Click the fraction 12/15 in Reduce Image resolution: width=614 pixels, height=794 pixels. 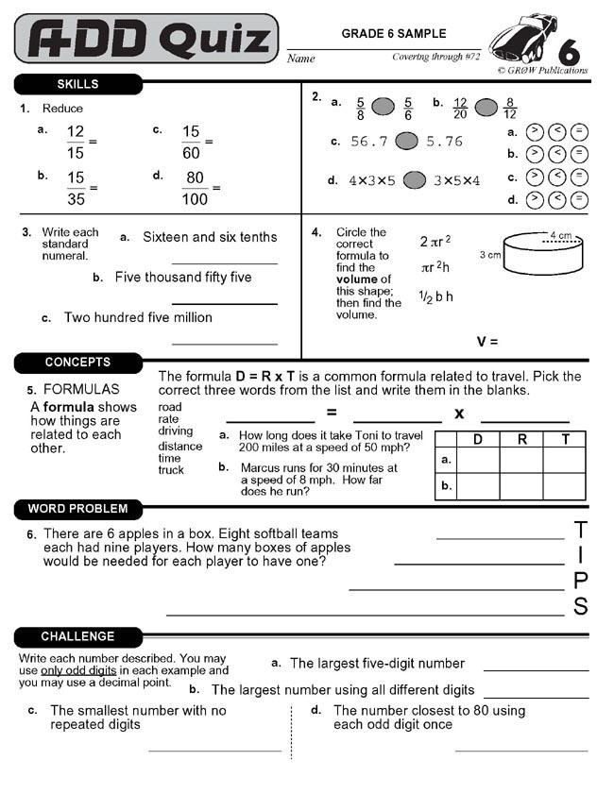(76, 142)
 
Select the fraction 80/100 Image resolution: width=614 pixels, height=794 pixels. (196, 188)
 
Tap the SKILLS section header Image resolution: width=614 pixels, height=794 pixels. (77, 85)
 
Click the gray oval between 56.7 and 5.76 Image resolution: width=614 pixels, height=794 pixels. (406, 142)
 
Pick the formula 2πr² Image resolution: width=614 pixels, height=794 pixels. (435, 242)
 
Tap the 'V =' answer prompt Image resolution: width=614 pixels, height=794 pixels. (486, 342)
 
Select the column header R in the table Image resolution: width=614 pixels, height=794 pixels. (522, 439)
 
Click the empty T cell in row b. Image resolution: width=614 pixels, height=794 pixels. (565, 486)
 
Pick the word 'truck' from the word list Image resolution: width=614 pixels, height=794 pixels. (171, 470)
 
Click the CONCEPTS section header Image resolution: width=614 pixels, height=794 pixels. (77, 363)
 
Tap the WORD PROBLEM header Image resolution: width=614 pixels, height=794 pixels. (77, 509)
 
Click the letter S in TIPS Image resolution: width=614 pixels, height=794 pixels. (581, 606)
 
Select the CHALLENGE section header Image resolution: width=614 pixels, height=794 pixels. (77, 636)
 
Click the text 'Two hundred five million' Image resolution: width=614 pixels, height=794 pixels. (138, 317)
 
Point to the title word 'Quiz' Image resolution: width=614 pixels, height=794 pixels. (213, 39)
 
